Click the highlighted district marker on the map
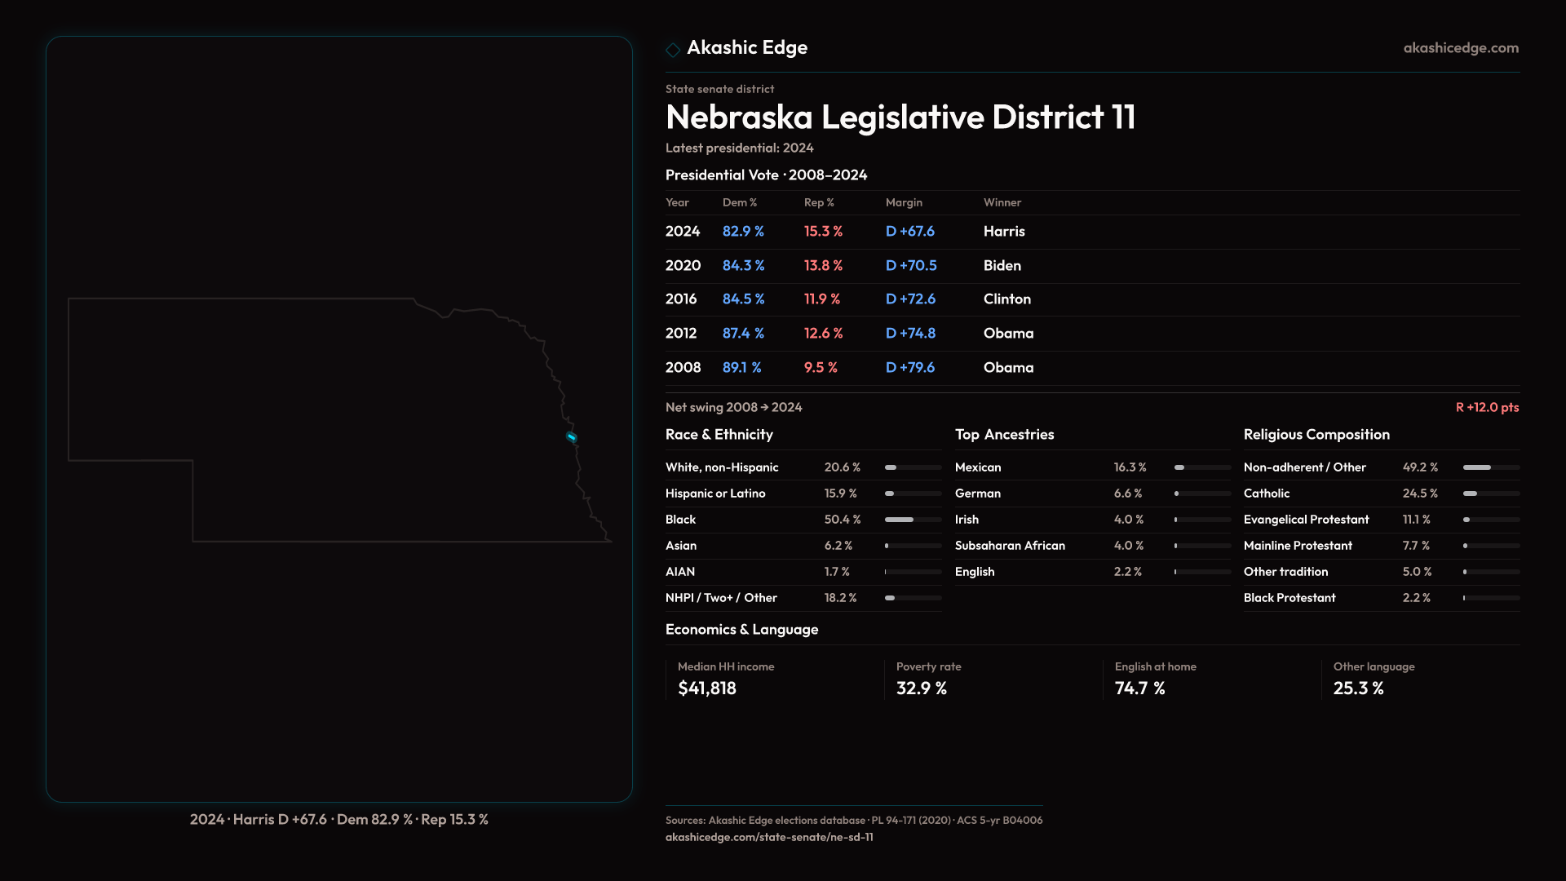tap(572, 437)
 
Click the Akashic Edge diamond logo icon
tap(673, 50)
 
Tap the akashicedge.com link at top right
tap(1461, 48)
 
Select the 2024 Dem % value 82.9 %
tap(743, 232)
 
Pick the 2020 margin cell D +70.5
tap(911, 266)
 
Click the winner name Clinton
tap(1006, 299)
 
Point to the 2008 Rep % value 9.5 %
tap(821, 368)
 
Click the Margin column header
tap(904, 202)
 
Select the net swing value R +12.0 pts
tap(1487, 407)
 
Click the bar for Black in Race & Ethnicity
tap(913, 520)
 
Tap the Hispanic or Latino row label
tap(715, 494)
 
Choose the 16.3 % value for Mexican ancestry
tap(1130, 467)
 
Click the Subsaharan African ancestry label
tap(1010, 546)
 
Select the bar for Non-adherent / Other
tap(1491, 467)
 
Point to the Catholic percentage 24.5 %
tap(1420, 494)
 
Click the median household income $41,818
tap(707, 688)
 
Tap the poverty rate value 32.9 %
tap(922, 688)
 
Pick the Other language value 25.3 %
tap(1359, 688)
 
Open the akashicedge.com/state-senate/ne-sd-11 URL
tap(769, 837)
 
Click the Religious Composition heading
tap(1316, 435)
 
